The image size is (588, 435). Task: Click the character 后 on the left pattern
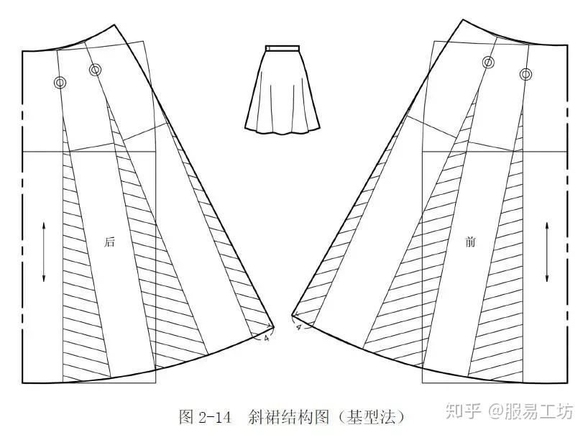click(x=110, y=242)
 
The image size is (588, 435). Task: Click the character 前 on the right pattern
click(x=470, y=242)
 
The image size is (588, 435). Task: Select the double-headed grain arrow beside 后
click(x=45, y=252)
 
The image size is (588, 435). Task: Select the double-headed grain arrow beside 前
click(x=548, y=252)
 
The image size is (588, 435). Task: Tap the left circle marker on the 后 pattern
click(x=61, y=83)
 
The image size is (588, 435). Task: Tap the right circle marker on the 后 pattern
click(x=96, y=70)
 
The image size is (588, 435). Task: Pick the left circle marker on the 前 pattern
click(x=488, y=63)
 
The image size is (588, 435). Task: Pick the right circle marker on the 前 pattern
click(x=525, y=74)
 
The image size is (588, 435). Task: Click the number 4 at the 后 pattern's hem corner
click(x=267, y=336)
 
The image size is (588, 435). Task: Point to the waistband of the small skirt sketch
click(x=283, y=48)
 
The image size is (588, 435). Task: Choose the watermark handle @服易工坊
click(x=532, y=412)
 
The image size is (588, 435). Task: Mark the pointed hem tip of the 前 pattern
click(x=292, y=314)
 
